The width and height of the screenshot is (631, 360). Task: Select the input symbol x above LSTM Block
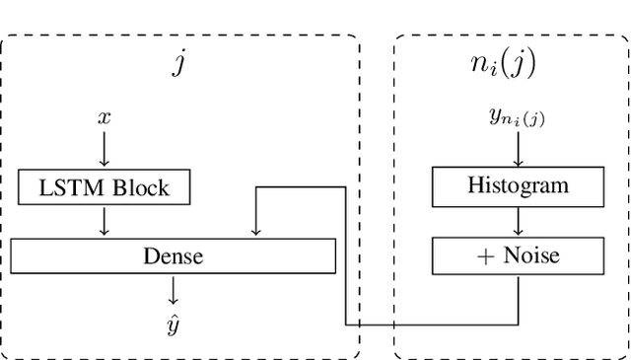[104, 116]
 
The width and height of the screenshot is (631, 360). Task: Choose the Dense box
[173, 255]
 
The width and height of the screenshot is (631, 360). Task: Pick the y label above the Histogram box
[517, 117]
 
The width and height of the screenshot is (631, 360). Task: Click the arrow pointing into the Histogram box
[517, 150]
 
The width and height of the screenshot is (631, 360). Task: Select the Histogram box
[517, 185]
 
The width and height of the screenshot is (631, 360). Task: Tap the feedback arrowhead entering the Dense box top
[255, 232]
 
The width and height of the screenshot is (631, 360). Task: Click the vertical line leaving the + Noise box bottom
[517, 299]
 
